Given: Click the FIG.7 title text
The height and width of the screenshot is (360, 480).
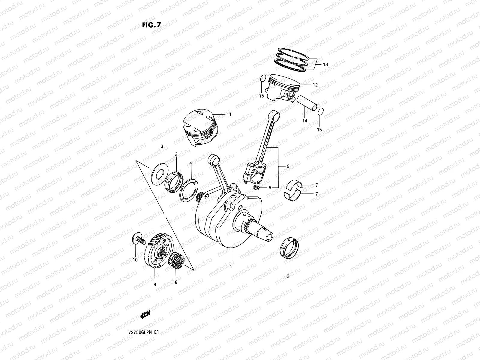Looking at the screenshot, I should pyautogui.click(x=151, y=25).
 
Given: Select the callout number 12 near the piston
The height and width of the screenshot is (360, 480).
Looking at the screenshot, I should pyautogui.click(x=315, y=85).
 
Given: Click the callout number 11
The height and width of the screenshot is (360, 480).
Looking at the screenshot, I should pyautogui.click(x=229, y=114).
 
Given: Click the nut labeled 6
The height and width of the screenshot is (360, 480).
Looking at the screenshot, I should pyautogui.click(x=256, y=188).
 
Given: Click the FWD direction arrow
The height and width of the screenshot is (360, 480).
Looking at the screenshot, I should pyautogui.click(x=145, y=315).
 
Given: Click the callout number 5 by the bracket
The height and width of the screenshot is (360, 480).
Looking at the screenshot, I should pyautogui.click(x=288, y=166).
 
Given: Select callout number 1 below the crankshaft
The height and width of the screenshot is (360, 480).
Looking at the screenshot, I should pyautogui.click(x=231, y=266).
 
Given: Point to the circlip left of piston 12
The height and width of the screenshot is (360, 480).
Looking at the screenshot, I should pyautogui.click(x=262, y=78).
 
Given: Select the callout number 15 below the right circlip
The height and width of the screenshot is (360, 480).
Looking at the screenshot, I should pyautogui.click(x=319, y=130).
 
